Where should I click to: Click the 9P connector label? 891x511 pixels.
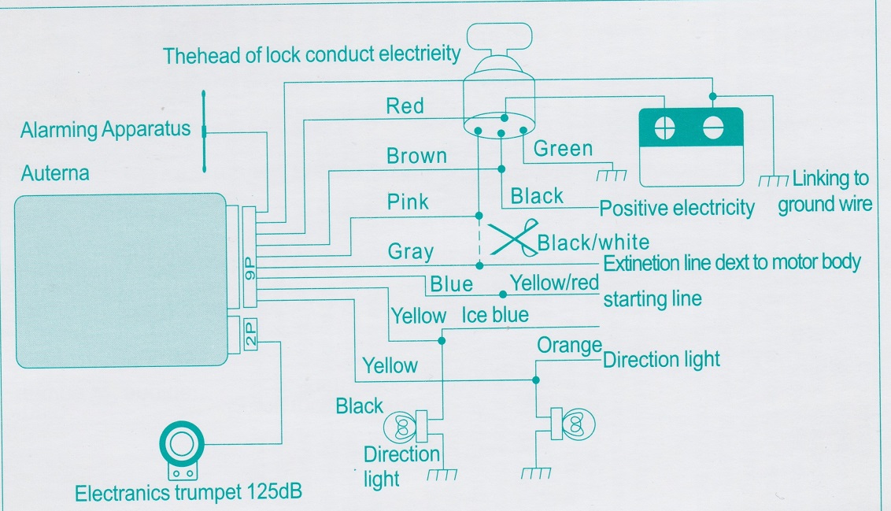(x=249, y=272)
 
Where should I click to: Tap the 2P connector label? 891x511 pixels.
(x=250, y=335)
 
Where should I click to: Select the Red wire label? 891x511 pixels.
(x=405, y=106)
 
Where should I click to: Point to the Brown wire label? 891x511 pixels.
(x=416, y=156)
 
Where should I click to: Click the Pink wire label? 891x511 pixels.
(x=408, y=202)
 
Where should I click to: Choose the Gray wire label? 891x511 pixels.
(x=410, y=252)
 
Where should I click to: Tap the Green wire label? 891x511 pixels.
(x=563, y=148)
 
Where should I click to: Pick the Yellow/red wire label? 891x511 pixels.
(x=554, y=282)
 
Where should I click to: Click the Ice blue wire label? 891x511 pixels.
(x=495, y=316)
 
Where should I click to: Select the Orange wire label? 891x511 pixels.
(x=569, y=345)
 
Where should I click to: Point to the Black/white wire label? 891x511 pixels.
(x=593, y=243)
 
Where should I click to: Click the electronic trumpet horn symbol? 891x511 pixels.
(x=181, y=446)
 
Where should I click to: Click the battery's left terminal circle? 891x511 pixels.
(x=665, y=128)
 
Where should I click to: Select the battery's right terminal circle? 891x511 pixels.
(x=713, y=128)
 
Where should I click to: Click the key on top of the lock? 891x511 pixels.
(x=500, y=35)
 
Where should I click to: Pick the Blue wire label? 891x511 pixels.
(x=451, y=284)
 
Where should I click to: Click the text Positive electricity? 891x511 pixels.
(x=676, y=209)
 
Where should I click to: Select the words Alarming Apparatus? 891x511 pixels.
(x=105, y=129)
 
